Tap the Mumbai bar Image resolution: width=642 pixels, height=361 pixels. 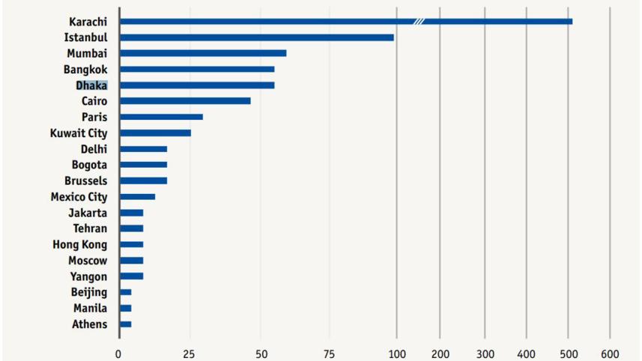tap(202, 53)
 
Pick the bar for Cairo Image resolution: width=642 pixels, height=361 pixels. tap(184, 100)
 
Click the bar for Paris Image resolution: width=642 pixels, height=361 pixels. tap(160, 117)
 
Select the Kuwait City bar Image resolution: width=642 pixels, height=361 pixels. tap(154, 133)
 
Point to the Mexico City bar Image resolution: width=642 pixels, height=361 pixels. tap(137, 197)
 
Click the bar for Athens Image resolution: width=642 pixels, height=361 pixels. tap(125, 324)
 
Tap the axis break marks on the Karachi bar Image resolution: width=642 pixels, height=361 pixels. tap(419, 21)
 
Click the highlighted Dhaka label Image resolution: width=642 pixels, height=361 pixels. tap(91, 85)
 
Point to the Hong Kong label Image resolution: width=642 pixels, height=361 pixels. tap(79, 245)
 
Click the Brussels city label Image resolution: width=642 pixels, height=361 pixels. tap(85, 181)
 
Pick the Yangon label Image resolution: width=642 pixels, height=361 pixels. tap(88, 276)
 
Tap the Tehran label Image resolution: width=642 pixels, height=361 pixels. tap(90, 228)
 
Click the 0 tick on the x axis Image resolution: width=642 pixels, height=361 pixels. tap(118, 353)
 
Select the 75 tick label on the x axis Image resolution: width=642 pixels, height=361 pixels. tap(328, 353)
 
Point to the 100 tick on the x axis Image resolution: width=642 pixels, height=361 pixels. tap(397, 353)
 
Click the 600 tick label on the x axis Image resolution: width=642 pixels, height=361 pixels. tap(609, 353)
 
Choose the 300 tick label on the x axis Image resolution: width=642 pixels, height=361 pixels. tap(485, 353)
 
